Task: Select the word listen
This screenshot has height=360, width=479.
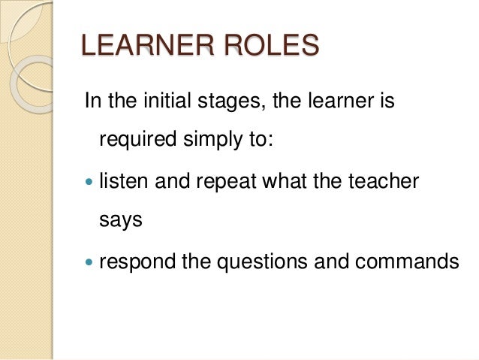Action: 122,181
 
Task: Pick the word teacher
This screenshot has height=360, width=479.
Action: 379,181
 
